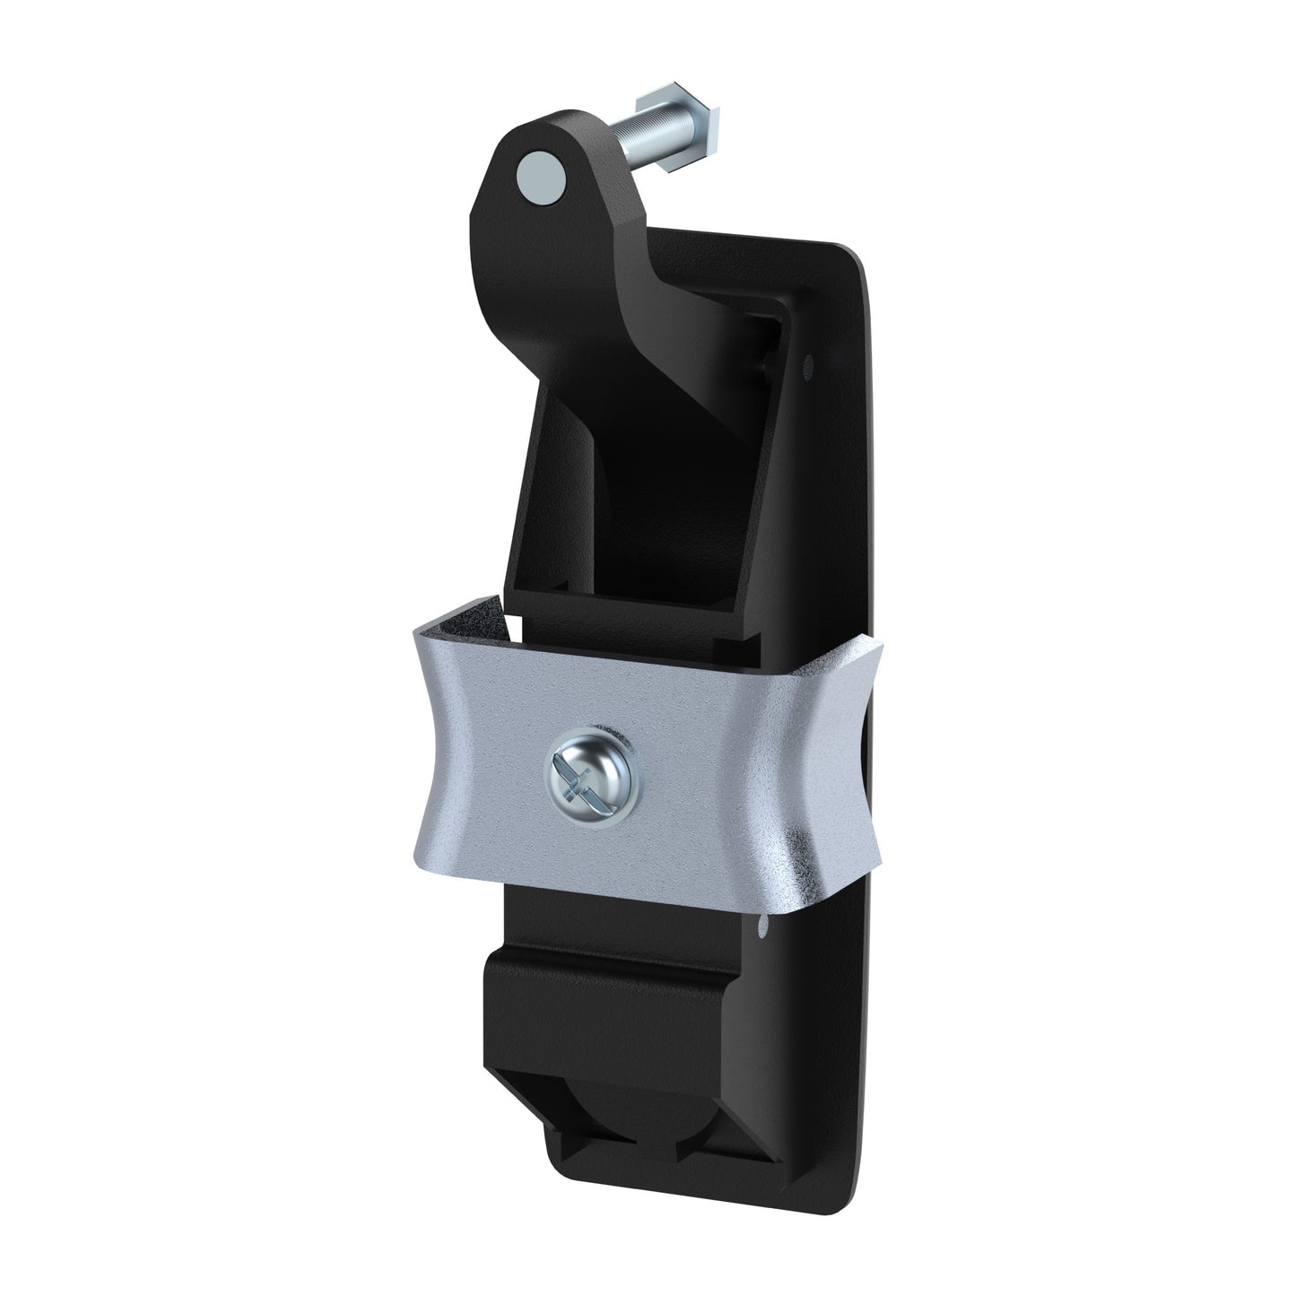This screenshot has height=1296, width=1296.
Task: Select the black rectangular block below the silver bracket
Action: (x=610, y=1013)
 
